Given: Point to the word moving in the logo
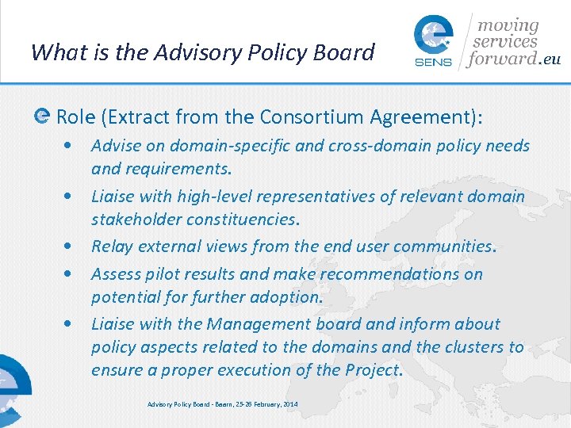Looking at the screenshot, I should [507, 26].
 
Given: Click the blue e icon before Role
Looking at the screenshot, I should [42, 117].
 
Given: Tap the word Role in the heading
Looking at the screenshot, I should [76, 117].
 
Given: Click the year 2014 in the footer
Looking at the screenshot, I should [289, 405].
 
